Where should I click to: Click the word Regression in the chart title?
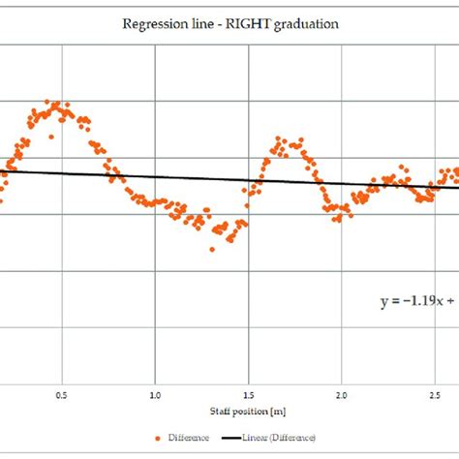pos(151,24)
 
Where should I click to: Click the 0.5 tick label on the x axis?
pos(61,395)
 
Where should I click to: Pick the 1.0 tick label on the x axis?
pos(155,395)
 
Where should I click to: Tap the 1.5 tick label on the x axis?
pos(248,395)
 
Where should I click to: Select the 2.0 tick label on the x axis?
pos(342,395)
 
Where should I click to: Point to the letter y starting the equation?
pos(382,302)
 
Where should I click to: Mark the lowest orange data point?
pos(212,249)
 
